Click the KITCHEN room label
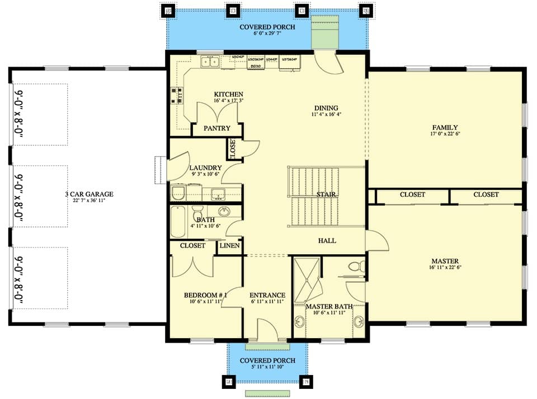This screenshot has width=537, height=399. pyautogui.click(x=228, y=94)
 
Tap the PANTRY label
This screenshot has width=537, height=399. pyautogui.click(x=216, y=129)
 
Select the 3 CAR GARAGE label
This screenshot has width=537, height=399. pyautogui.click(x=88, y=194)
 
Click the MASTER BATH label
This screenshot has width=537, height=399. pyautogui.click(x=329, y=306)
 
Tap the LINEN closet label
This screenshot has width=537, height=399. pyautogui.click(x=229, y=246)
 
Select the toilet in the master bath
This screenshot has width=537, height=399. pyautogui.click(x=354, y=267)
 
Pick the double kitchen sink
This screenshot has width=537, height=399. pyautogui.click(x=210, y=61)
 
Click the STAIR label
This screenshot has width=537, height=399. pyautogui.click(x=326, y=195)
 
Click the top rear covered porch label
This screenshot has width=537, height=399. pyautogui.click(x=267, y=27)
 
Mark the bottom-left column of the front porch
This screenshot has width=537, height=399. pyautogui.click(x=228, y=382)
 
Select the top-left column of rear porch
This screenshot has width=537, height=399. pyautogui.click(x=167, y=10)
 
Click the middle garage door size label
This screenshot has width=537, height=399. pyautogui.click(x=18, y=196)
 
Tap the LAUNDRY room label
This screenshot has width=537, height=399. pyautogui.click(x=205, y=168)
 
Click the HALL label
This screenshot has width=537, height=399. pyautogui.click(x=327, y=241)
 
